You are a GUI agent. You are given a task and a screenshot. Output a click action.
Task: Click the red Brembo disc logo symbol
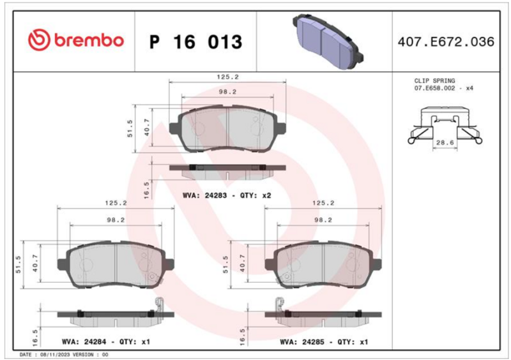[39, 40]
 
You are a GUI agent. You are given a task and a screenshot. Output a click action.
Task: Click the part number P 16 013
[195, 41]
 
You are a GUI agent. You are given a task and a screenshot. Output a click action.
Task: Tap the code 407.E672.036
[446, 41]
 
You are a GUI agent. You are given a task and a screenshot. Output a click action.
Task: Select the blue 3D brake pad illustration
[328, 41]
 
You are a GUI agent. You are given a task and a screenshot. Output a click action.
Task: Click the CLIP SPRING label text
[434, 80]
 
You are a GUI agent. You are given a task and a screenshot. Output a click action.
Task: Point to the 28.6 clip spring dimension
[445, 142]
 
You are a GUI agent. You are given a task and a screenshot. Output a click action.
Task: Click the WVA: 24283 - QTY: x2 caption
[227, 195]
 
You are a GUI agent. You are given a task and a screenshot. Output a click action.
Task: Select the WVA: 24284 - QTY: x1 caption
[106, 341]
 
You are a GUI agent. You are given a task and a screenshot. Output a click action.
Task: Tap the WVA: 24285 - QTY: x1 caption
[324, 341]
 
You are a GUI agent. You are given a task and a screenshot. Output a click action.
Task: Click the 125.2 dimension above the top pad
[228, 77]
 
